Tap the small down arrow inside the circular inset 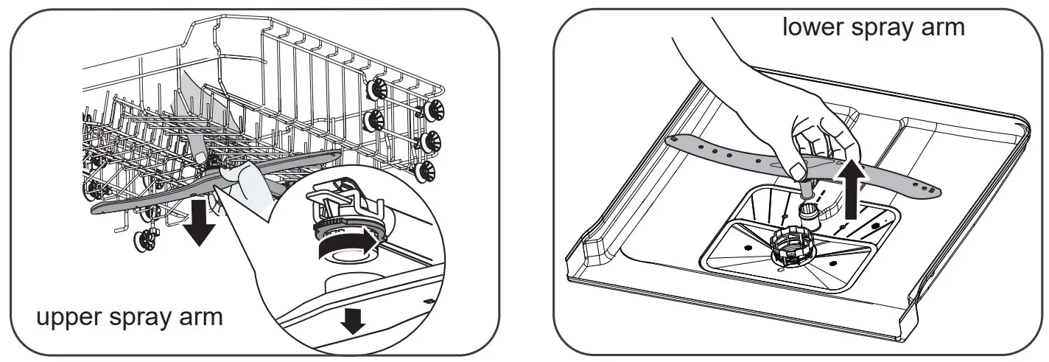pos(354,320)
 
